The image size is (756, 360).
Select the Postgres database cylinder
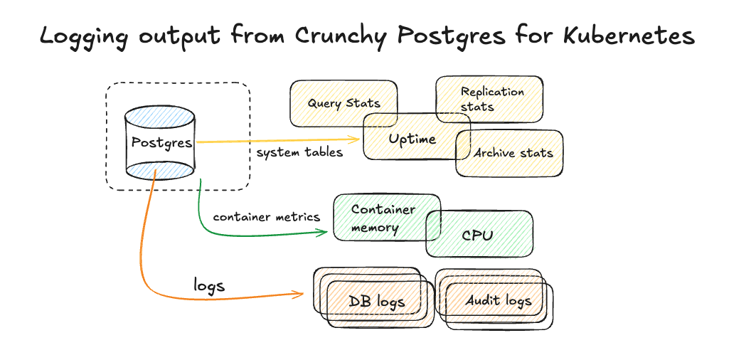(161, 142)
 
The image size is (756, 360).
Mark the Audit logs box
(498, 300)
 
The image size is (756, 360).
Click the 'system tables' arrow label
(299, 152)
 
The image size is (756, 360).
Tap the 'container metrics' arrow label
(266, 216)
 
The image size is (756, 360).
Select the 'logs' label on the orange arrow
(208, 285)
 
